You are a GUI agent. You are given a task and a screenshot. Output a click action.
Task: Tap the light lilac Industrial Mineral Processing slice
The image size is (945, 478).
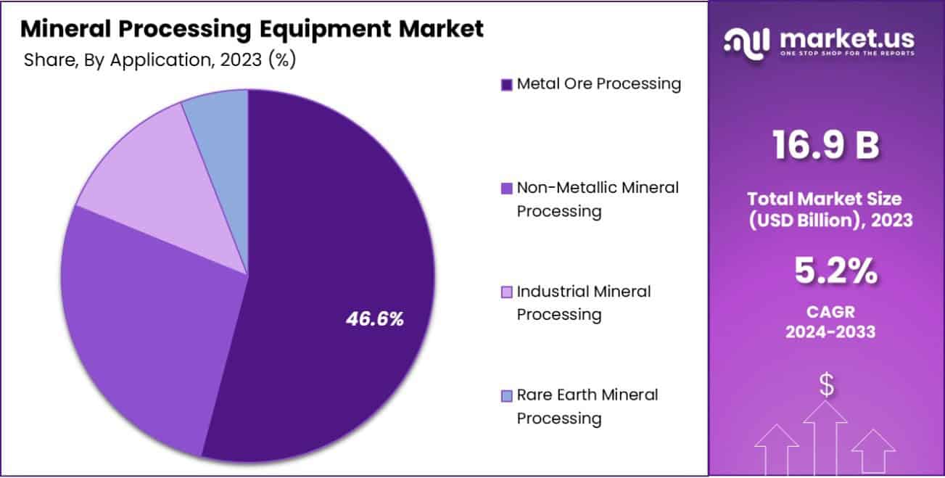(x=167, y=181)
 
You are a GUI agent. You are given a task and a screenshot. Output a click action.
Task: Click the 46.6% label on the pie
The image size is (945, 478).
(x=374, y=318)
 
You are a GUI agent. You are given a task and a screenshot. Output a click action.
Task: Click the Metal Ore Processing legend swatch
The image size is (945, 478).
(x=506, y=85)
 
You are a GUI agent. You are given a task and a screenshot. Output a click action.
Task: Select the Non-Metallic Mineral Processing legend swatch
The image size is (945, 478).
(x=506, y=189)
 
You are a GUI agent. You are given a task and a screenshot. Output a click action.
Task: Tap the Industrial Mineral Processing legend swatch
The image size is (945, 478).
(x=506, y=292)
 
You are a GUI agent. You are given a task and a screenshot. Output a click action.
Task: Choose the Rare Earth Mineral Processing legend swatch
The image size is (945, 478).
(x=506, y=396)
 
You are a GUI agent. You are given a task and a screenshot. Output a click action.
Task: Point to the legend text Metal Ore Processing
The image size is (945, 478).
(x=599, y=84)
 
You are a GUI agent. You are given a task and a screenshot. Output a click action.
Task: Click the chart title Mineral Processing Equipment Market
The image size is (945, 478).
(x=252, y=29)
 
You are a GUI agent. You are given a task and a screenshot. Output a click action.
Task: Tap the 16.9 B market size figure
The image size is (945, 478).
(x=826, y=145)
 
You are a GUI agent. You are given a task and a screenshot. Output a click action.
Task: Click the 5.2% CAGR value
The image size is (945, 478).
(x=826, y=272)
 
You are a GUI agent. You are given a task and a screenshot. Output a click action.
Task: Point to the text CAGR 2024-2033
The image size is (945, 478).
(x=826, y=322)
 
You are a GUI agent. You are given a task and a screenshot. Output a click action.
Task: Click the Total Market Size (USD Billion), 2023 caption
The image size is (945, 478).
(x=826, y=210)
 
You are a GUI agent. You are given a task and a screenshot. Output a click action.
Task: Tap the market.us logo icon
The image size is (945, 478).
(x=747, y=42)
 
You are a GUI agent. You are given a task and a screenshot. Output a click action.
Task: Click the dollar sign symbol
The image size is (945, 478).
(x=826, y=384)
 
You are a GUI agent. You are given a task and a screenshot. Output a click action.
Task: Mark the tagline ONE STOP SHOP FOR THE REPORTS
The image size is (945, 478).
(x=846, y=54)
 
